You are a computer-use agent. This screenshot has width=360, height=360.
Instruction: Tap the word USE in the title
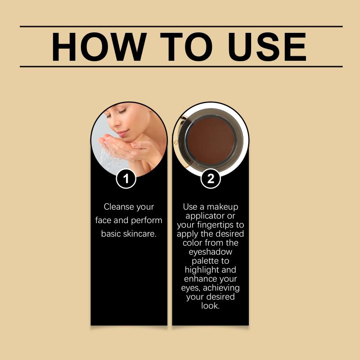(x=267, y=47)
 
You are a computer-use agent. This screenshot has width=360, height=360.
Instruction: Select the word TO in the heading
(x=186, y=47)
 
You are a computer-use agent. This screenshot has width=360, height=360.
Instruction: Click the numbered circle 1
(x=126, y=179)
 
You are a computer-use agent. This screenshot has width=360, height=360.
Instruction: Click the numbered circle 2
(x=211, y=179)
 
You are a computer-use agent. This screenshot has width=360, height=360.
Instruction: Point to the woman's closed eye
(x=122, y=112)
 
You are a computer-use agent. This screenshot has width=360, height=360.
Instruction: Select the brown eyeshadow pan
(x=211, y=142)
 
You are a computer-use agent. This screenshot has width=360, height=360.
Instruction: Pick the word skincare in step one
(x=140, y=234)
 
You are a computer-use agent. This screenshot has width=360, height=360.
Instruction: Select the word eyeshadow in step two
(x=210, y=252)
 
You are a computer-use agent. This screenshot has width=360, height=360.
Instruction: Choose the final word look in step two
(x=210, y=306)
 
